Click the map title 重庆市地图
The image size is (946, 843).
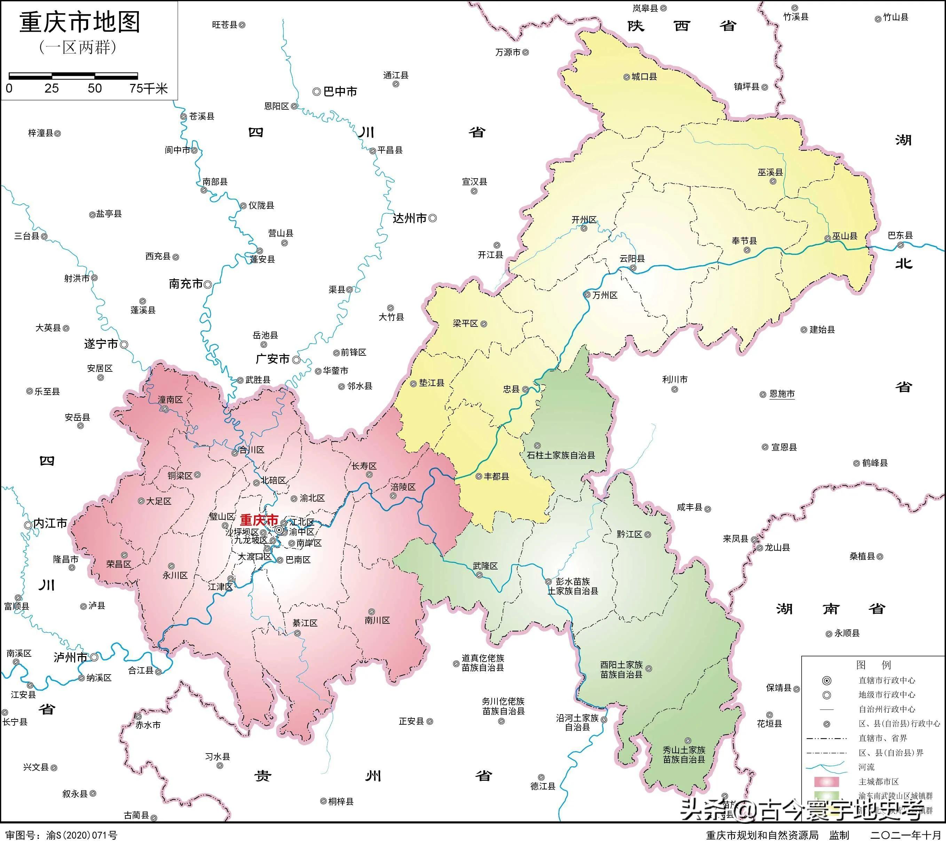click(79, 23)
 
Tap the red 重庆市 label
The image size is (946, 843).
click(259, 520)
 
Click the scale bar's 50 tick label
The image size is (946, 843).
click(95, 88)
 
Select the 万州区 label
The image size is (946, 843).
click(605, 295)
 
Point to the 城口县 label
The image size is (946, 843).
click(644, 77)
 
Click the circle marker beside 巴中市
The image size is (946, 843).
click(316, 92)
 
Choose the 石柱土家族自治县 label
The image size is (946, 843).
click(561, 455)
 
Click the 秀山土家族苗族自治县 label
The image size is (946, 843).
click(684, 755)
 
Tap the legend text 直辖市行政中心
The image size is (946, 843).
click(887, 680)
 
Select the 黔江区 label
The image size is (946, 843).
click(629, 534)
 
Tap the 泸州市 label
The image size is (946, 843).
click(70, 657)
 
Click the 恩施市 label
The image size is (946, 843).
click(782, 394)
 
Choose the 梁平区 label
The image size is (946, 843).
click(465, 323)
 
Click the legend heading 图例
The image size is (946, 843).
click(873, 665)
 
